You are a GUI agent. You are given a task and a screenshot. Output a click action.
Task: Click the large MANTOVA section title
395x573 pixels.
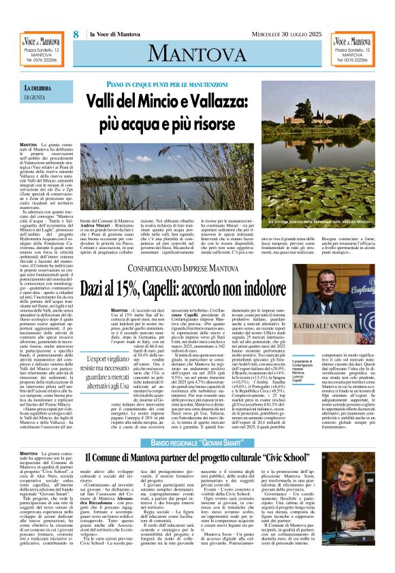tap(197, 50)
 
